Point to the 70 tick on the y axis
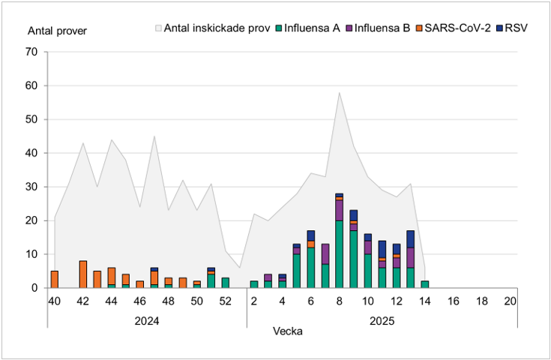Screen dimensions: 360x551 (31, 52)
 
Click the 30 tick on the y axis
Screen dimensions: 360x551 (31, 187)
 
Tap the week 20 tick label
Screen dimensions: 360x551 (510, 301)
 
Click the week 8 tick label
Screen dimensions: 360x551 (339, 301)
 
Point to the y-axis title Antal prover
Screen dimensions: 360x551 (57, 31)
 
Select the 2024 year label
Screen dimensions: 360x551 (147, 320)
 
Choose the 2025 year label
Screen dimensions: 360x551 (382, 320)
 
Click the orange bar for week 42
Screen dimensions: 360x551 (82, 274)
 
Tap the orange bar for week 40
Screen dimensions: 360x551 (54, 279)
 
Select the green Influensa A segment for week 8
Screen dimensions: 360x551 (339, 254)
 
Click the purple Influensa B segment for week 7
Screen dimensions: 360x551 (325, 254)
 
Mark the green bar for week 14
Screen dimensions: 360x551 (424, 284)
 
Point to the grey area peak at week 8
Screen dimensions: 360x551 (339, 94)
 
